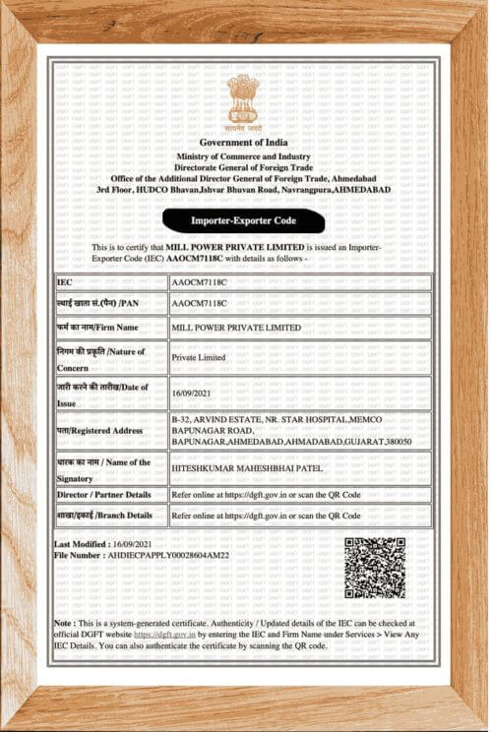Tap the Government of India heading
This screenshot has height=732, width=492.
tap(244, 145)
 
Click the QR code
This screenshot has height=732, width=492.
tap(375, 568)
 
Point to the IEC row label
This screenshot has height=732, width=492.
tap(65, 282)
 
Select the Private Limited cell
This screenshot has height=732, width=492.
tap(198, 358)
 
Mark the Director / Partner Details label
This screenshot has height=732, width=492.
tap(104, 494)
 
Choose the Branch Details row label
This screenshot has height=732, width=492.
tap(104, 515)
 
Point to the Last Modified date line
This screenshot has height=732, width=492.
tap(103, 544)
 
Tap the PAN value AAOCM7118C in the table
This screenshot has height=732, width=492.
tap(199, 304)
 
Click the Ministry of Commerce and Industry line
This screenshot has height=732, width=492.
tap(243, 157)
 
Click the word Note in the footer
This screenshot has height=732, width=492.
tap(63, 623)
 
